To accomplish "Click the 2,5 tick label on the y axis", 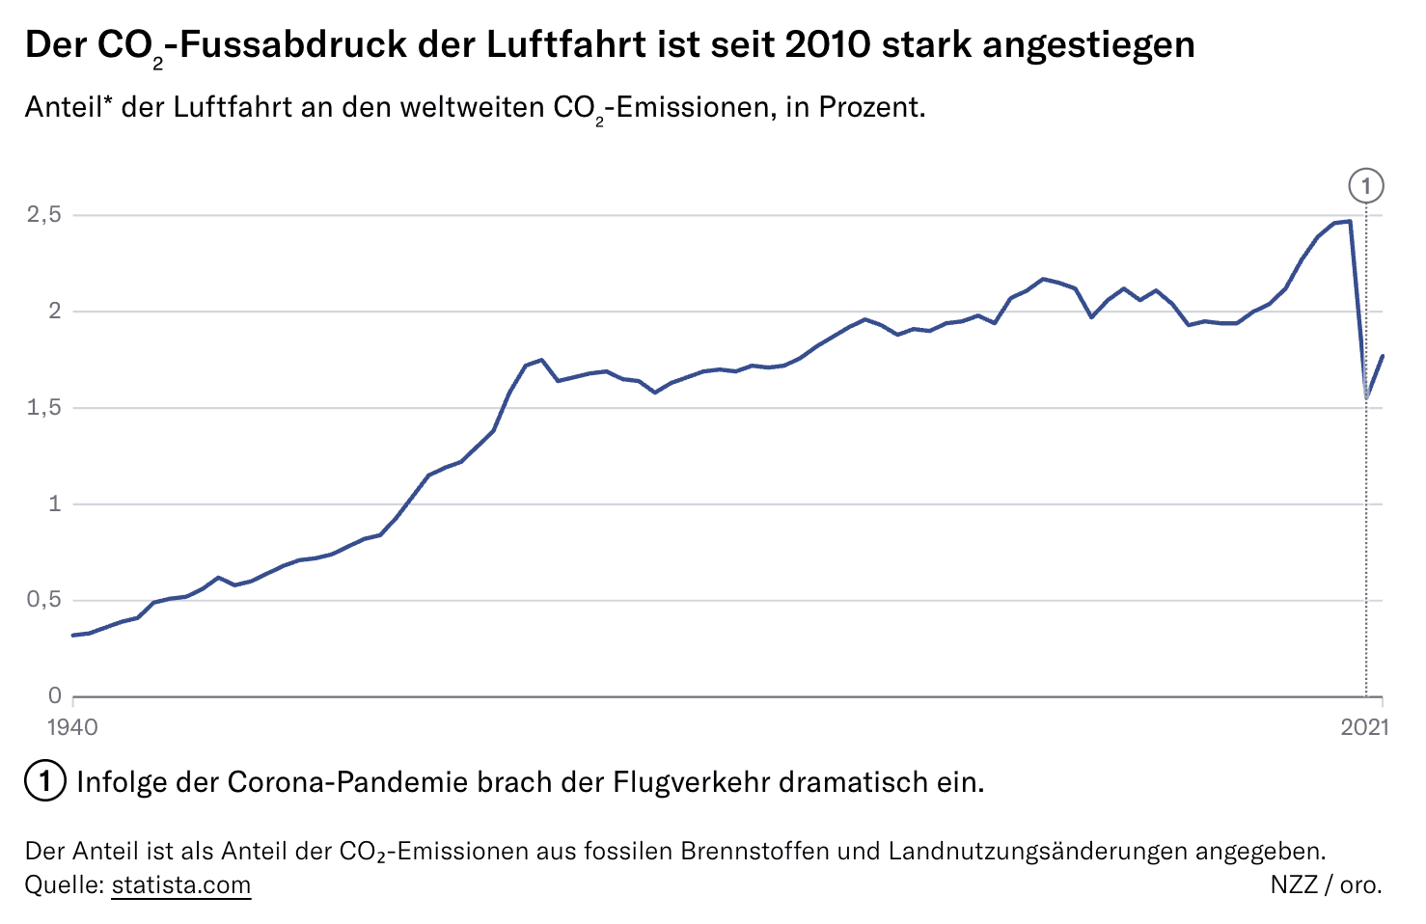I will point(43,215).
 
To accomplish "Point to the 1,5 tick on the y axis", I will point(43,408).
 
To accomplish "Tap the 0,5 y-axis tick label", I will point(43,600).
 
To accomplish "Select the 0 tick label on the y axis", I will point(55,695).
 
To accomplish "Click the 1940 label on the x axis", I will point(72,726).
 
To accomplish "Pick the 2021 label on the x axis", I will point(1364,726).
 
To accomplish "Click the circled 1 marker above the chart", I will point(1366,185).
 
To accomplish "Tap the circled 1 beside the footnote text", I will point(44,781).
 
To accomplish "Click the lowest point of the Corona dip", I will point(1366,397).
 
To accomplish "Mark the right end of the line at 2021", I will point(1383,356).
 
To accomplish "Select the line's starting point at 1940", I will point(73,635).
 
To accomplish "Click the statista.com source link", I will point(181,884).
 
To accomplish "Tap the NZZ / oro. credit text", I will point(1326,884).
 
